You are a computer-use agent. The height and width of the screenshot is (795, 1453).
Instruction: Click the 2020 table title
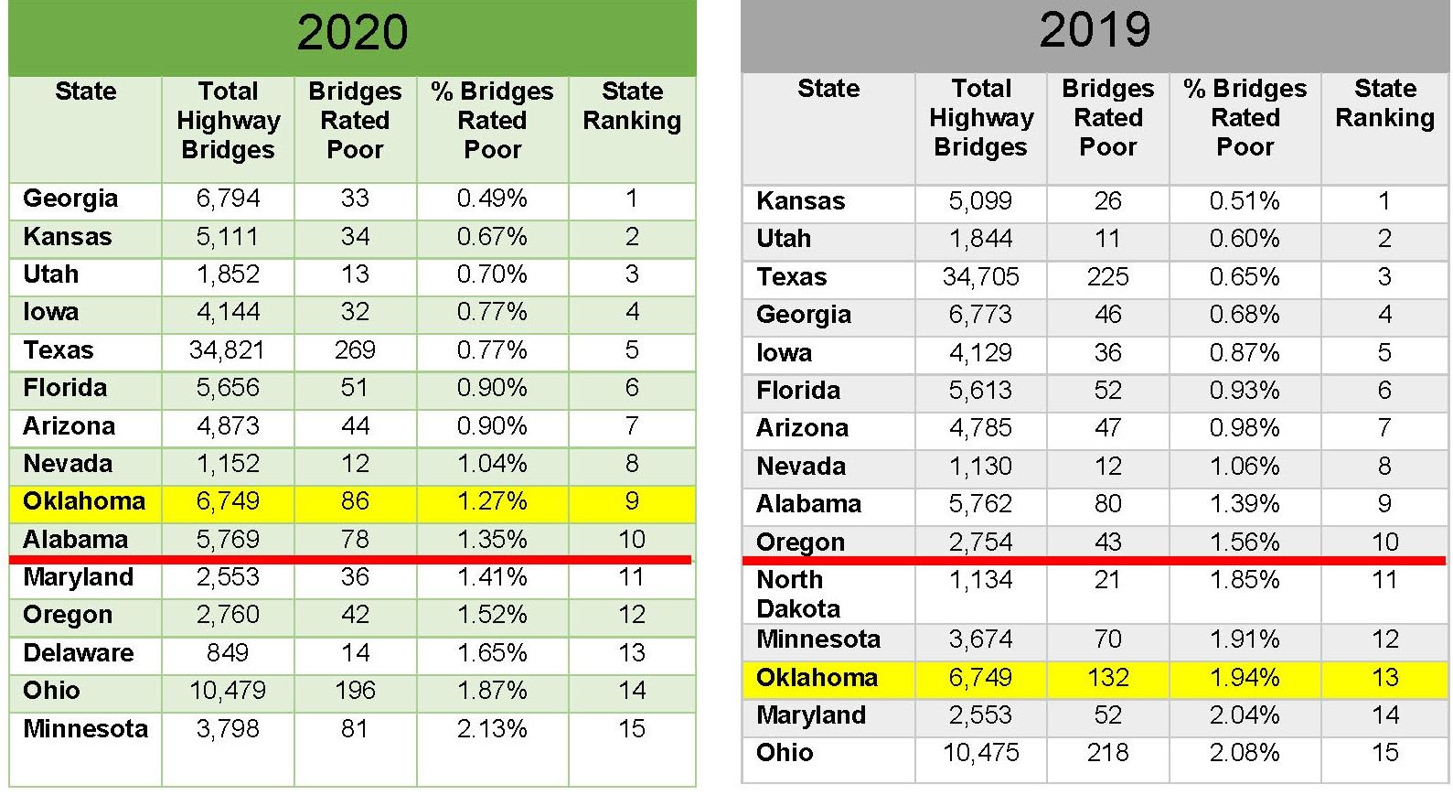click(x=352, y=33)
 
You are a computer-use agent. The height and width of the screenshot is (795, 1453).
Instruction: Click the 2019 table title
click(x=1095, y=30)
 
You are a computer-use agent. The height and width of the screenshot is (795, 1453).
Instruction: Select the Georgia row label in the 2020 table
click(x=70, y=199)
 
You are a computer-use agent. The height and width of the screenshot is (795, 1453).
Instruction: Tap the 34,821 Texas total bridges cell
click(x=227, y=350)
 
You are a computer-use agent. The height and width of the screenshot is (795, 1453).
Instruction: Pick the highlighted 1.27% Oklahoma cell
click(x=492, y=501)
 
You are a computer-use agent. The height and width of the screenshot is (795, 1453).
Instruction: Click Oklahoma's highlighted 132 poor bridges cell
click(x=1107, y=678)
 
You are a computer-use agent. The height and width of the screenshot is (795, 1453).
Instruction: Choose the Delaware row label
click(x=79, y=653)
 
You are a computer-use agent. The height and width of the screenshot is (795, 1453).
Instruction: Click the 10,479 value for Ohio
click(x=227, y=691)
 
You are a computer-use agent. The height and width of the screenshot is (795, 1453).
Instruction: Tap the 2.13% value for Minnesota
click(x=492, y=729)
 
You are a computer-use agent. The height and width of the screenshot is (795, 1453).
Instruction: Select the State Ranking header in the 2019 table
click(x=1384, y=103)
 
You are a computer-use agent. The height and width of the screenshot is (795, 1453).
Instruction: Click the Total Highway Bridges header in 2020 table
click(x=228, y=121)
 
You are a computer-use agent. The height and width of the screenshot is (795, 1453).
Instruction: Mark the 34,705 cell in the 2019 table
click(x=980, y=277)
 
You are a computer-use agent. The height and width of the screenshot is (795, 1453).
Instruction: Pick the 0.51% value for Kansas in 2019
click(x=1244, y=201)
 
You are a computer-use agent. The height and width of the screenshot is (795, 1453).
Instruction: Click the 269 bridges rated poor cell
click(x=355, y=350)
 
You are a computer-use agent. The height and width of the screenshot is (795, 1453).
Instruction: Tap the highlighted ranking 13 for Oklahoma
click(x=1384, y=678)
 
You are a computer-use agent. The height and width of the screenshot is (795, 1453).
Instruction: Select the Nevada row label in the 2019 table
click(x=800, y=467)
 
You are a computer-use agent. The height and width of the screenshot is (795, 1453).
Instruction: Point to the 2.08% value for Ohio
click(x=1244, y=753)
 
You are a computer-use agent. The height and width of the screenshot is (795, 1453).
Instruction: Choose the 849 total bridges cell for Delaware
click(x=227, y=653)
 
